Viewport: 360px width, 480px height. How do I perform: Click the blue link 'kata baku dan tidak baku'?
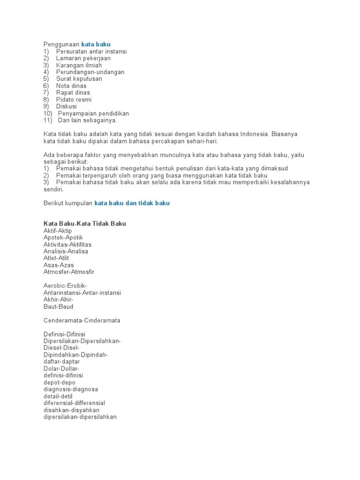pos(132,203)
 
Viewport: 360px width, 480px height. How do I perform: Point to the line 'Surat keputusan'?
pos(79,79)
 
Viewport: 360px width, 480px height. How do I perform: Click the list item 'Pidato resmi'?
pos(74,99)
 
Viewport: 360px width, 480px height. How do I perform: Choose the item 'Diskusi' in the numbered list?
pos(66,106)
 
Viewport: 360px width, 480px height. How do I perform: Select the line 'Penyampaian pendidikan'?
pos(93,113)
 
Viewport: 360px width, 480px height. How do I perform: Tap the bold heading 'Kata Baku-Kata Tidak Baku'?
pos(85,224)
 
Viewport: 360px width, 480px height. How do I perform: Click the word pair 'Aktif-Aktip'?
pos(58,231)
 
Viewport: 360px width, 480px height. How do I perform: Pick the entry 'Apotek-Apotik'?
pos(63,238)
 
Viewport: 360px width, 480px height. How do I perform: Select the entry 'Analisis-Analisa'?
pos(66,251)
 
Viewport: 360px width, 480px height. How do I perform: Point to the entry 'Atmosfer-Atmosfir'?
pos(69,272)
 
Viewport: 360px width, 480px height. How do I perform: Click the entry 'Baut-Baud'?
pos(58,307)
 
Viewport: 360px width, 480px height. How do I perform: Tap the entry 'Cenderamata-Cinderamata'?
pos(82,321)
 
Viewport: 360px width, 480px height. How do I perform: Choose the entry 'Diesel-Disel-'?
pos(62,348)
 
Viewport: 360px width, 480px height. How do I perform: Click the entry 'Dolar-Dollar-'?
pos(61,368)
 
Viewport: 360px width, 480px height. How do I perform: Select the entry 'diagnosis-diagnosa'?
pos(71,389)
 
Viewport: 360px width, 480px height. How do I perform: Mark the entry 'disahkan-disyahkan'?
pos(71,410)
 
